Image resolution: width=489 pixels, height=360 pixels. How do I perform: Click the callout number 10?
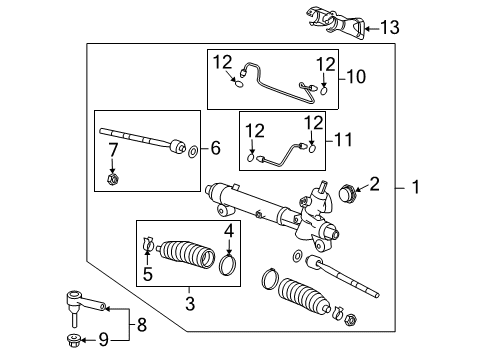pyautogui.click(x=354, y=75)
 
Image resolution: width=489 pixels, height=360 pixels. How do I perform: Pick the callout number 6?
pyautogui.click(x=215, y=150)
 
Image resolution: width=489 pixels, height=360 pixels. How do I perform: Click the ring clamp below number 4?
pyautogui.click(x=229, y=265)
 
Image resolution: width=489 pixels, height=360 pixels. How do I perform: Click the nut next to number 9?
pyautogui.click(x=76, y=339)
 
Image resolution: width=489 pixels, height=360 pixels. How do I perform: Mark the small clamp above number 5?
pyautogui.click(x=148, y=242)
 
